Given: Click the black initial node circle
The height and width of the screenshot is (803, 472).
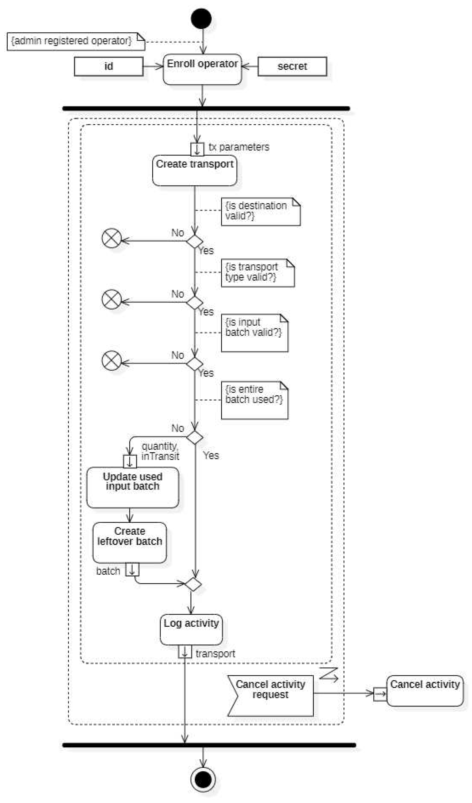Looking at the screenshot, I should pos(201,18).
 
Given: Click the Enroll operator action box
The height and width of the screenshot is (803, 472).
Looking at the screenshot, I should pos(202,69).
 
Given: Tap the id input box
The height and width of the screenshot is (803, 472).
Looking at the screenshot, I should pos(108,66).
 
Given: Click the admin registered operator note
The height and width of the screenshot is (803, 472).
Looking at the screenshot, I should pos(76,42).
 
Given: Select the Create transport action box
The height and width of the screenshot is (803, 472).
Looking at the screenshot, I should pos(194,170).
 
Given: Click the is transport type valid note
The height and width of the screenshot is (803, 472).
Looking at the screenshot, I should pos(257,273).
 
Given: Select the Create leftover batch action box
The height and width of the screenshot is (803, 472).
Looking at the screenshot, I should pos(129,542).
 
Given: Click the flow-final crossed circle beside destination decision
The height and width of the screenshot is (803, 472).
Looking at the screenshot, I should pos(112,238).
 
